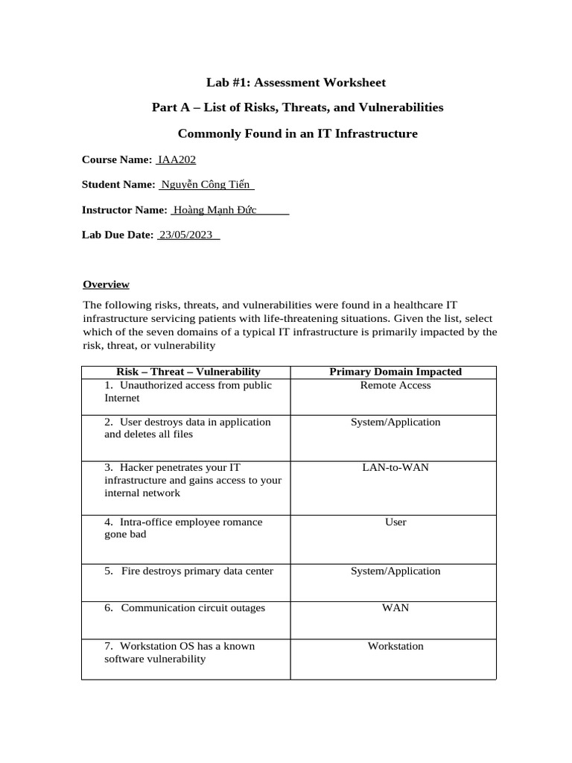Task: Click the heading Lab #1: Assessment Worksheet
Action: [x=296, y=82]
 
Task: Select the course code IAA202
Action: [x=177, y=159]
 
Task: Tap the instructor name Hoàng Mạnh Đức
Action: [x=215, y=210]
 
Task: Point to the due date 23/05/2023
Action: [x=185, y=235]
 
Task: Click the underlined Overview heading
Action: [x=106, y=284]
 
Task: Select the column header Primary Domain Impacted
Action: [x=395, y=371]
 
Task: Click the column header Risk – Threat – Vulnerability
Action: [x=188, y=371]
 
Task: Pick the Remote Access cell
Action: [x=395, y=385]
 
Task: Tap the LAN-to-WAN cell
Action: [x=395, y=467]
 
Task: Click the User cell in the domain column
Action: [x=395, y=522]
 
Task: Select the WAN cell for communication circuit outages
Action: [x=395, y=607]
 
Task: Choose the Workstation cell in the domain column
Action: [x=395, y=646]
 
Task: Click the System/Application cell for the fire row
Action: [x=395, y=571]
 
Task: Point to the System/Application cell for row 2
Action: [x=395, y=422]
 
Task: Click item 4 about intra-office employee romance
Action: [x=183, y=528]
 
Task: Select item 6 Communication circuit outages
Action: [x=185, y=607]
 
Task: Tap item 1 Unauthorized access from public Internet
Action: [x=188, y=391]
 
